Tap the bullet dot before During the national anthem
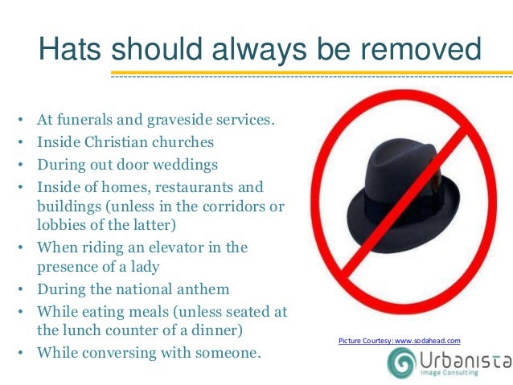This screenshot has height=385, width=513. point(18,289)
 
